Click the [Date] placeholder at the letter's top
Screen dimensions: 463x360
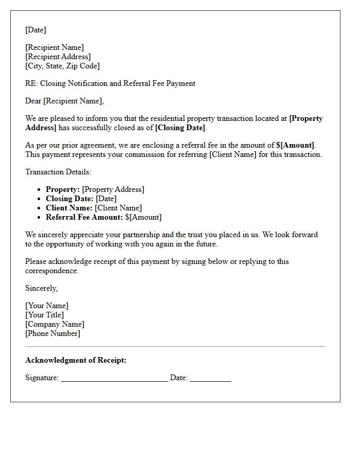(x=35, y=30)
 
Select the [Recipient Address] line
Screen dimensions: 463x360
(x=58, y=57)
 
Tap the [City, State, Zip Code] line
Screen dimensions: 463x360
(x=62, y=66)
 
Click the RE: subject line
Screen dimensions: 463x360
(x=110, y=83)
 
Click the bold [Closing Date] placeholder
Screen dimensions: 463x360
(x=180, y=128)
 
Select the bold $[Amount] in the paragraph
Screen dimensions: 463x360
(x=296, y=145)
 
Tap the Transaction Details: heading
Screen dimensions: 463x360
(x=58, y=172)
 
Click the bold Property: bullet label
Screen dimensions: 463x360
(x=63, y=189)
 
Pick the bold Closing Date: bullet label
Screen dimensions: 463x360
(x=69, y=199)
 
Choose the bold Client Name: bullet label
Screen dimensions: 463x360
(x=69, y=208)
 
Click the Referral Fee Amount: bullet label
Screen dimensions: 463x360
(x=84, y=217)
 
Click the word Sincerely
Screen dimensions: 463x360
(x=41, y=288)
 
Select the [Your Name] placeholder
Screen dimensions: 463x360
(x=47, y=306)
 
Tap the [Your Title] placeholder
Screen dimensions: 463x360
(x=45, y=315)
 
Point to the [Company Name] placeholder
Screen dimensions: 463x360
(x=55, y=324)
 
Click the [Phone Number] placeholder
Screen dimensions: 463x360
(x=52, y=333)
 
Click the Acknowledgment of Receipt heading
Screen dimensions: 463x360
(x=76, y=360)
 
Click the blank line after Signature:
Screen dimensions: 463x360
(x=114, y=379)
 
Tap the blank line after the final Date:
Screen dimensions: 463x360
(x=210, y=379)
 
